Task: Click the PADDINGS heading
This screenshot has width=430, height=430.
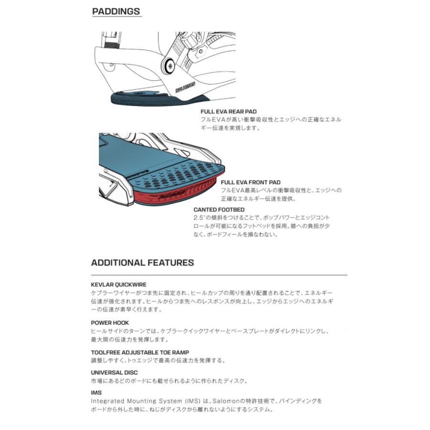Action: click(x=116, y=11)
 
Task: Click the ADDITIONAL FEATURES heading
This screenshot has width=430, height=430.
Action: click(x=142, y=262)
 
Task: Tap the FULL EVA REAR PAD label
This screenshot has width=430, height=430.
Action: click(x=228, y=111)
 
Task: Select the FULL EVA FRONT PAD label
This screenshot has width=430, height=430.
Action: click(x=250, y=182)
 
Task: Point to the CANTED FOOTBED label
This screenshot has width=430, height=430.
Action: click(x=219, y=210)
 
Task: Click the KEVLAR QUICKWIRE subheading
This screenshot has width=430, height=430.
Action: click(x=118, y=284)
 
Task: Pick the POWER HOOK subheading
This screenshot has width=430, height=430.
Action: click(x=110, y=322)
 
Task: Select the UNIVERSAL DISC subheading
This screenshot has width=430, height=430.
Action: click(x=114, y=372)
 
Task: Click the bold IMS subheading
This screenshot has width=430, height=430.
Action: click(x=96, y=393)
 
